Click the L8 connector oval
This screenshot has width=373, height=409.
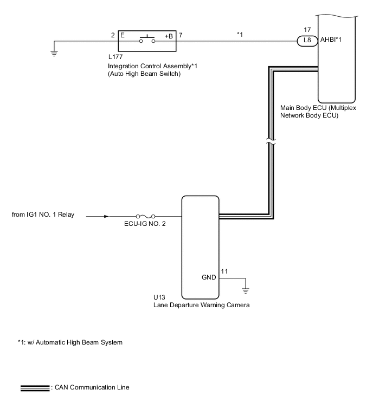point(306,41)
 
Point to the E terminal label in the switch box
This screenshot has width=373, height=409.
point(122,35)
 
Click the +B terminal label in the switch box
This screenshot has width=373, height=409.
point(168,36)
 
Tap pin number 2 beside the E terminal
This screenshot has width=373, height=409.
point(113,35)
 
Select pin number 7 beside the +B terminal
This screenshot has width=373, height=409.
point(180,35)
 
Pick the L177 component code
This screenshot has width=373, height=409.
point(117,57)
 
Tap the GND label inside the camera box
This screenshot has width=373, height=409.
point(209,277)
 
